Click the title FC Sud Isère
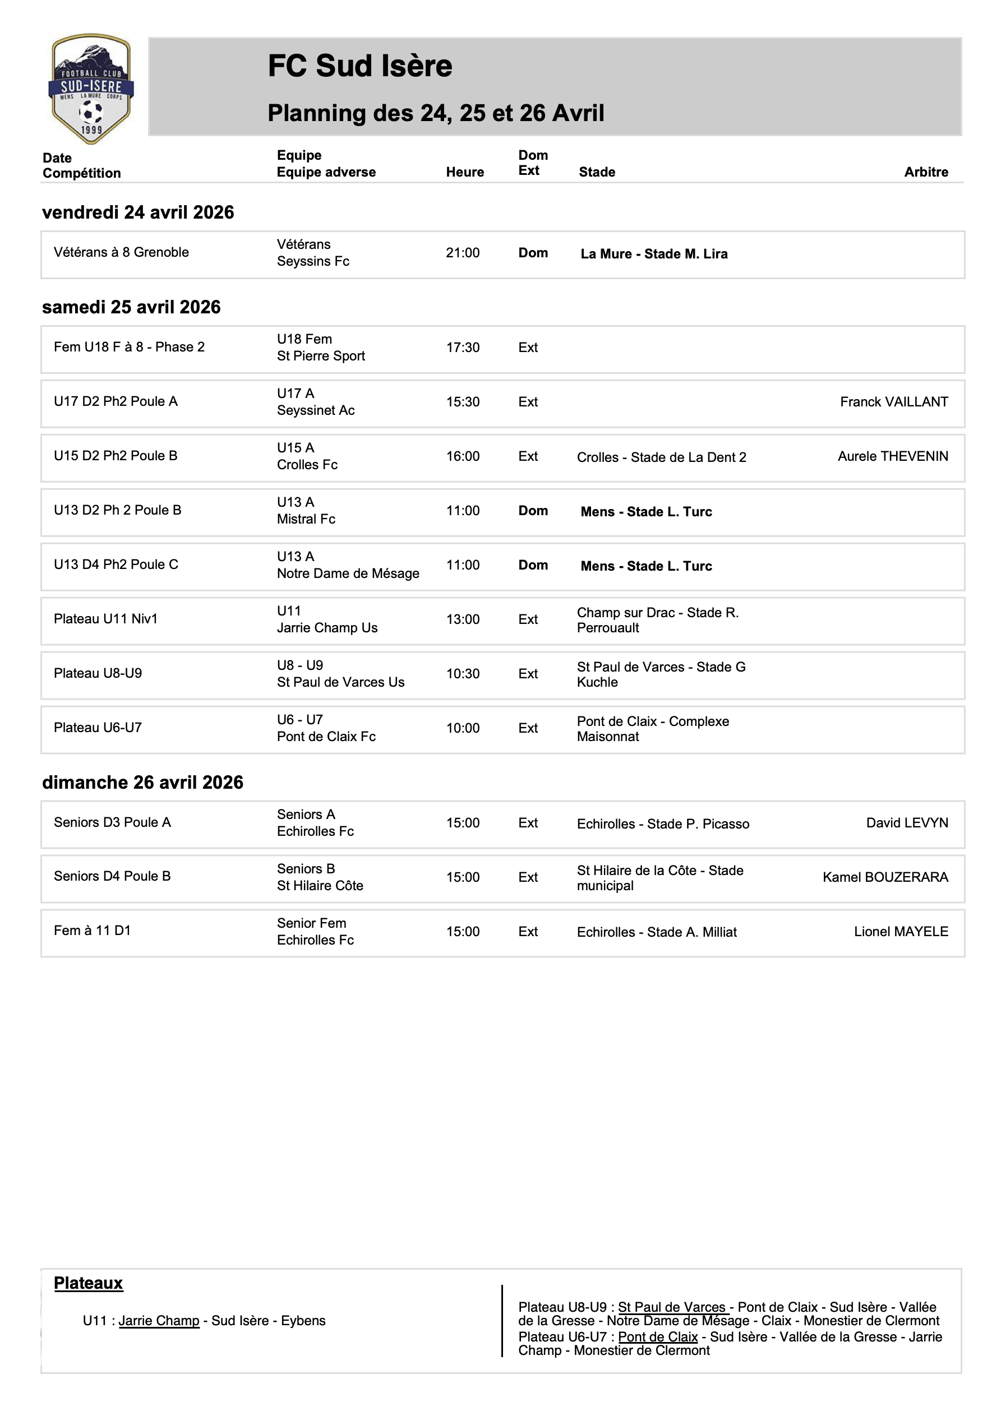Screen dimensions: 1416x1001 pyautogui.click(x=360, y=66)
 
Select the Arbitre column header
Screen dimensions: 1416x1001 pyautogui.click(x=926, y=172)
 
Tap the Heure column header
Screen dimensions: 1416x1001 pyautogui.click(x=465, y=172)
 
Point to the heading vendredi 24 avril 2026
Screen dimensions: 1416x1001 pyautogui.click(x=139, y=212)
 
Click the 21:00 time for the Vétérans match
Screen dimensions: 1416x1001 pyautogui.click(x=463, y=253)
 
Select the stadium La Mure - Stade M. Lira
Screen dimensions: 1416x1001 pyautogui.click(x=653, y=254)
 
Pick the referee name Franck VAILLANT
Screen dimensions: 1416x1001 pyautogui.click(x=894, y=402)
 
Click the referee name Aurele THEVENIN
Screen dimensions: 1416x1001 pyautogui.click(x=892, y=456)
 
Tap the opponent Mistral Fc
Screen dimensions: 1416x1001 pyautogui.click(x=306, y=519)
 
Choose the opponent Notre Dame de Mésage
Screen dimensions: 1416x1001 pyautogui.click(x=348, y=573)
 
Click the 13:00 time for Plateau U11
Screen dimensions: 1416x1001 pyautogui.click(x=463, y=619)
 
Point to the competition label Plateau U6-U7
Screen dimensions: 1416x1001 pyautogui.click(x=98, y=728)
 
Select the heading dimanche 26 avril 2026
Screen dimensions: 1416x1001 pyautogui.click(x=142, y=782)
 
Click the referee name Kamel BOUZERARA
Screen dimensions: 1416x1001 pyautogui.click(x=885, y=877)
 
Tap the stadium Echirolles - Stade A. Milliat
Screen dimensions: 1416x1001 pyautogui.click(x=657, y=932)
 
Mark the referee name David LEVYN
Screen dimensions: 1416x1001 pyautogui.click(x=907, y=823)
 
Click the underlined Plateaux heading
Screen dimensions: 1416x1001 pyautogui.click(x=88, y=1283)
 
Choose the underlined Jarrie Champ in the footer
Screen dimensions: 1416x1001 pyautogui.click(x=159, y=1320)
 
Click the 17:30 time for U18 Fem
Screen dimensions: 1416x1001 pyautogui.click(x=463, y=348)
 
